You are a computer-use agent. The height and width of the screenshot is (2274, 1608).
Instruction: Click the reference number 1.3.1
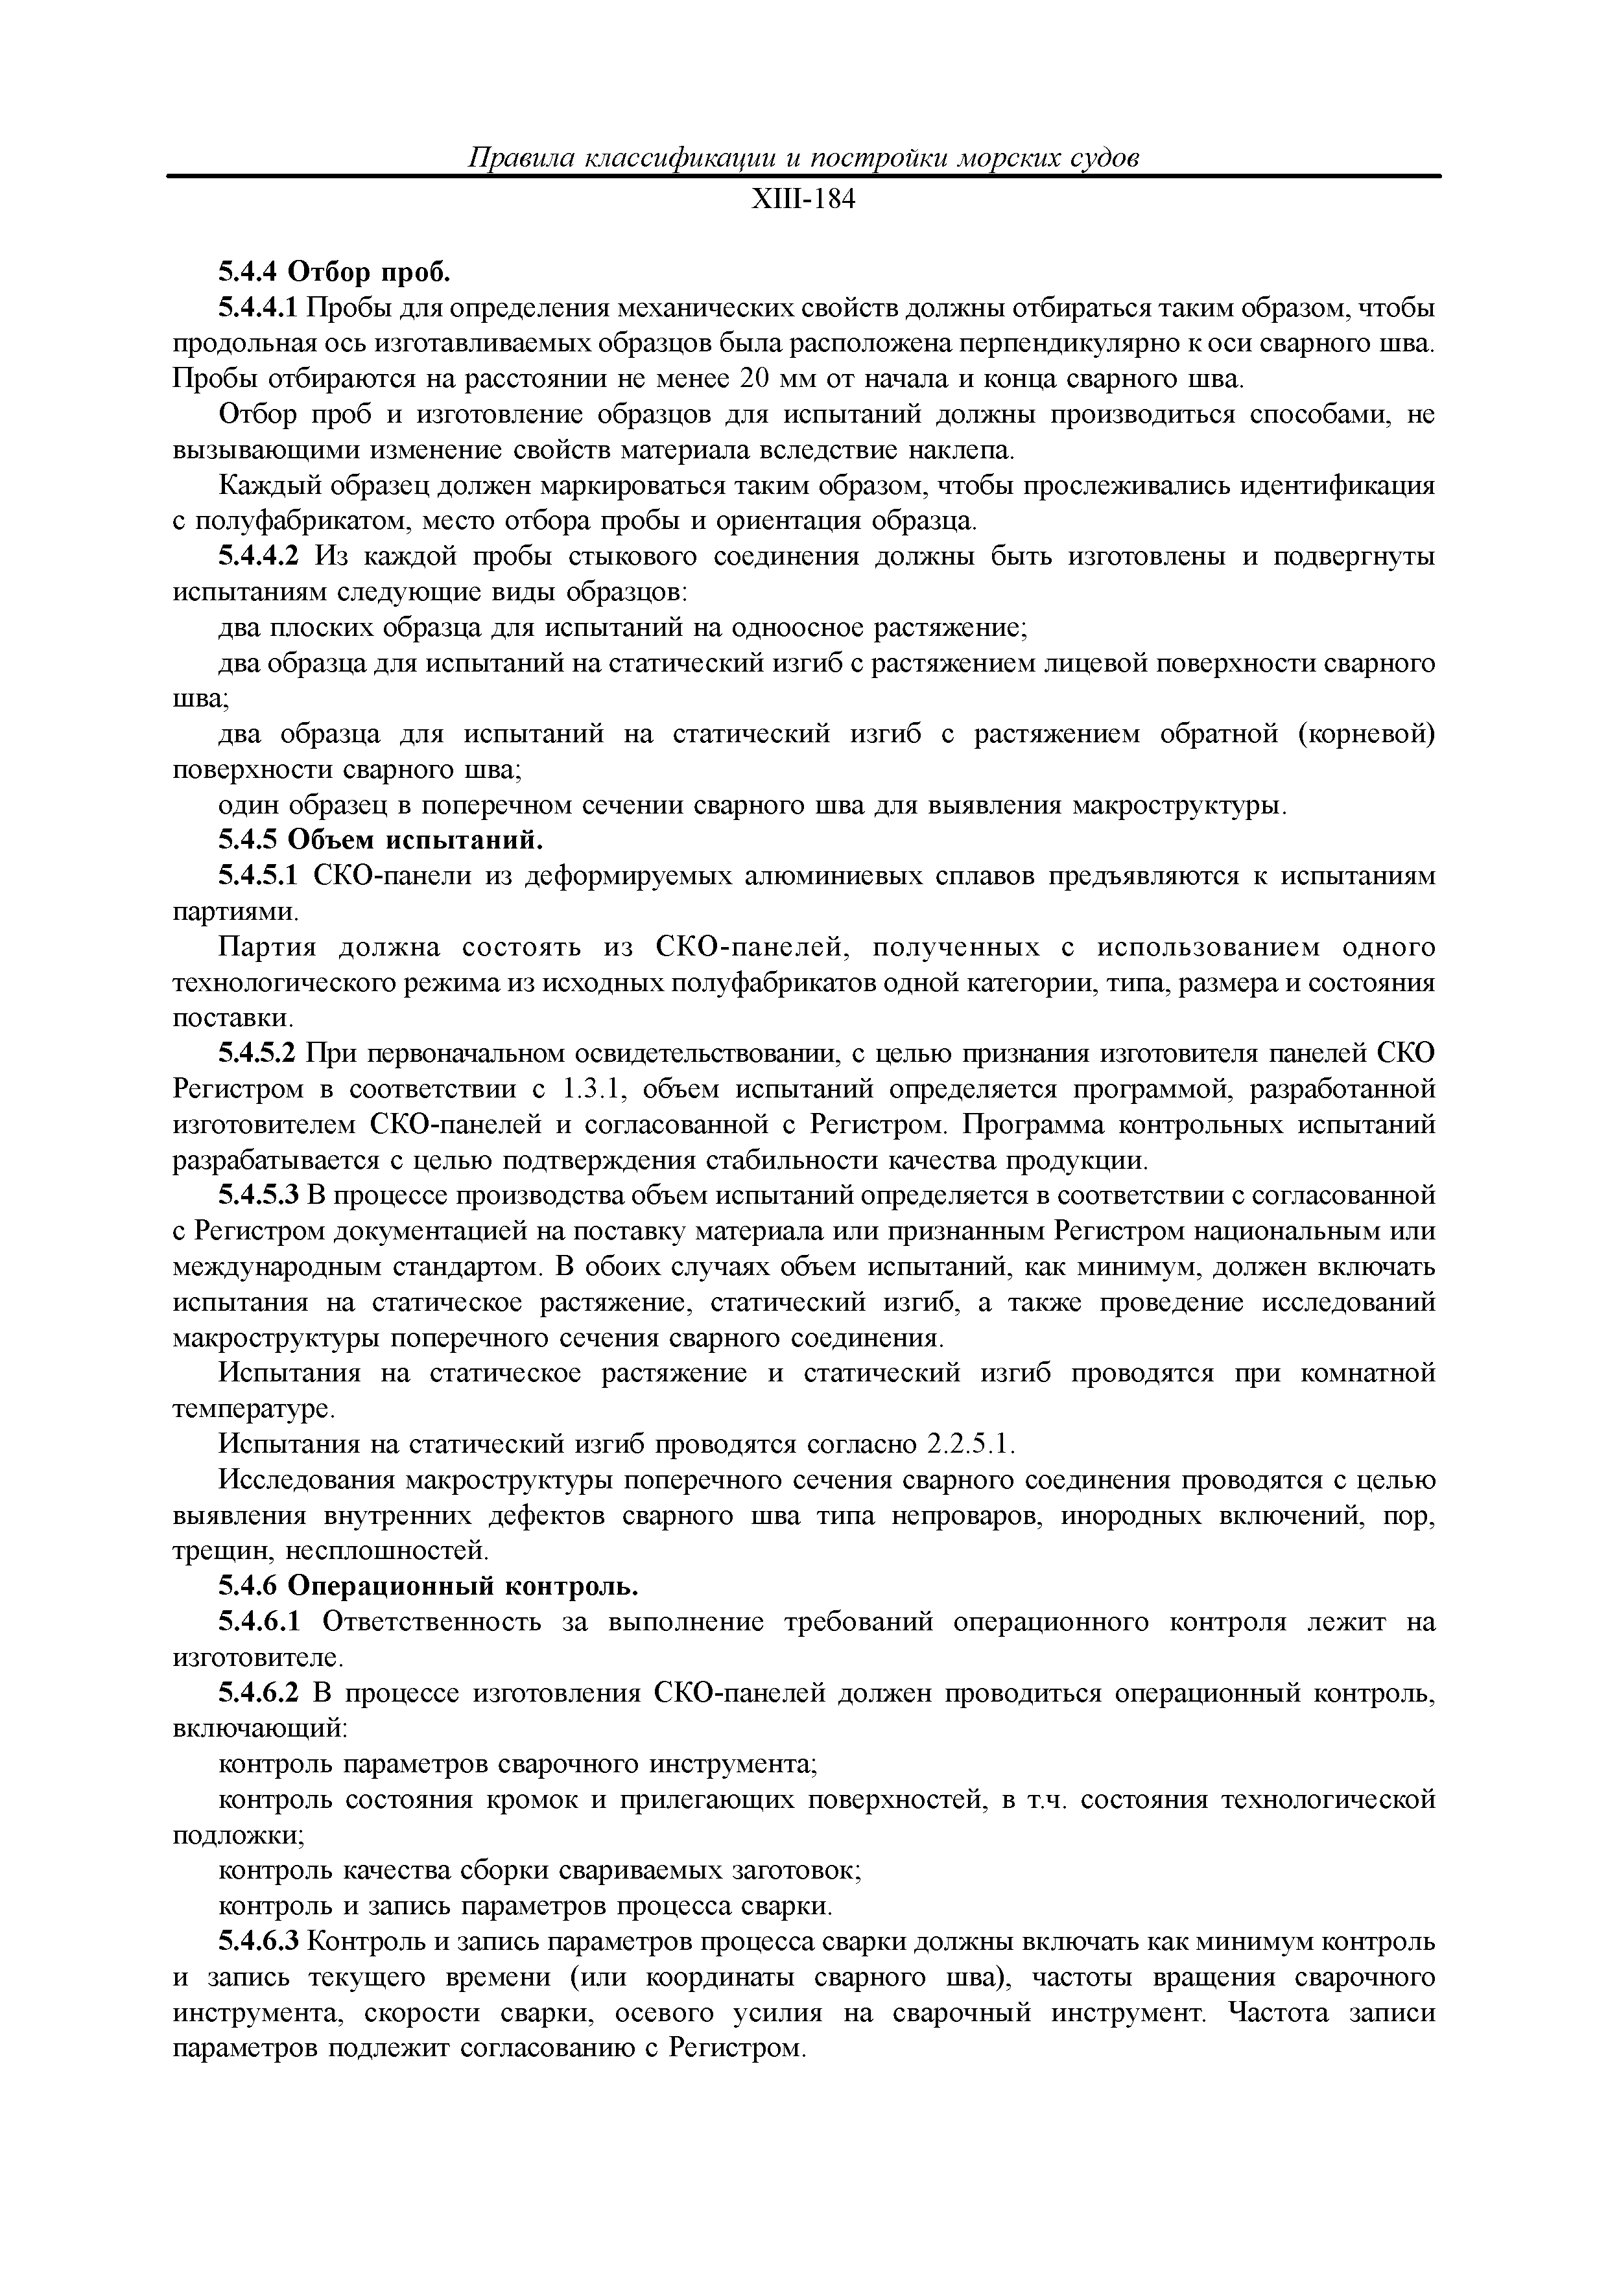(x=591, y=1090)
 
